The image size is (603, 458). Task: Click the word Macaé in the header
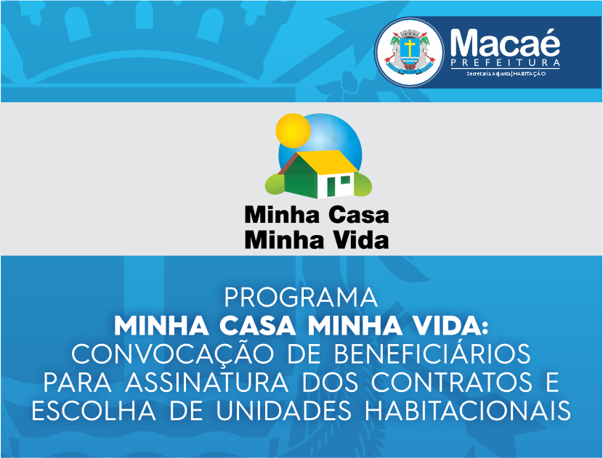pyautogui.click(x=505, y=43)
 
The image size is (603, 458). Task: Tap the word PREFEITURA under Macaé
pyautogui.click(x=506, y=63)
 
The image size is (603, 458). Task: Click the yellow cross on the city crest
pyautogui.click(x=410, y=47)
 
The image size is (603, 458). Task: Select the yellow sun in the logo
pyautogui.click(x=293, y=131)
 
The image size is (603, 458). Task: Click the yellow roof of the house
pyautogui.click(x=327, y=162)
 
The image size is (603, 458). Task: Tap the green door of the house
pyautogui.click(x=331, y=187)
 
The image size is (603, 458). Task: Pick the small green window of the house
pyautogui.click(x=345, y=180)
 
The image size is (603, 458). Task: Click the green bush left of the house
pyautogui.click(x=275, y=184)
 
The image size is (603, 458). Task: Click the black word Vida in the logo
pyautogui.click(x=361, y=240)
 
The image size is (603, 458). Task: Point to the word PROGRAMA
pyautogui.click(x=301, y=298)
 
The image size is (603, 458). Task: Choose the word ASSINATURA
pyautogui.click(x=206, y=383)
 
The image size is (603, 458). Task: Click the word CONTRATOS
pyautogui.click(x=452, y=383)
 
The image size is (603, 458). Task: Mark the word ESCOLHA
pyautogui.click(x=94, y=411)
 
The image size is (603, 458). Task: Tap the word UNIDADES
pyautogui.click(x=284, y=411)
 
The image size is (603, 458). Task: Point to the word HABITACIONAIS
pyautogui.click(x=468, y=411)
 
